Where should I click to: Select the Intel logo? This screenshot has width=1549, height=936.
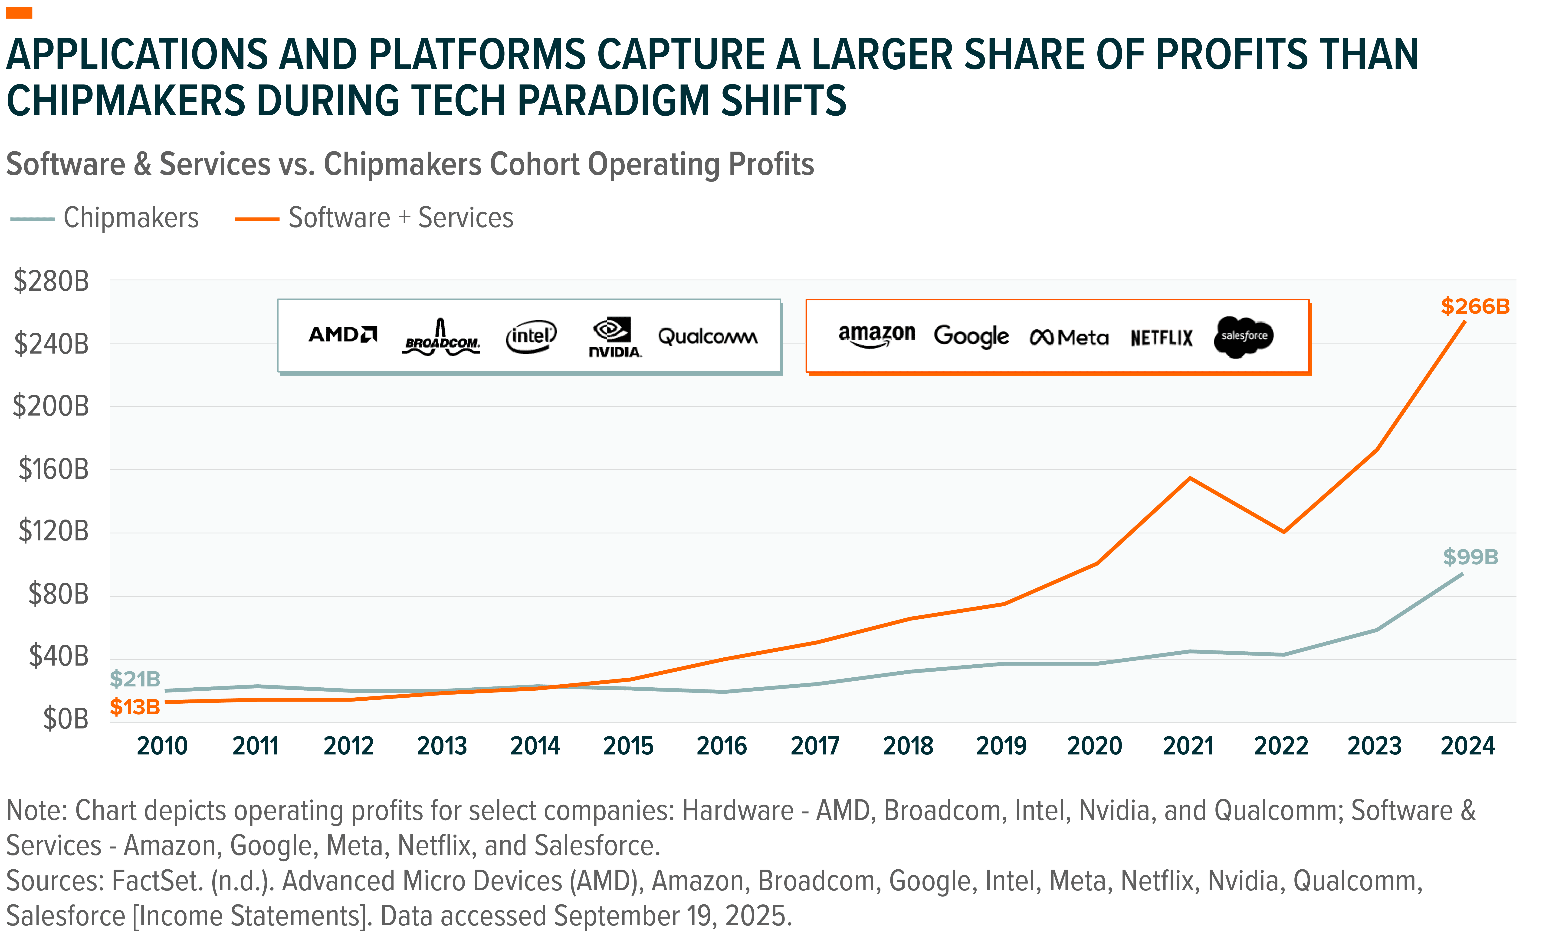(x=531, y=337)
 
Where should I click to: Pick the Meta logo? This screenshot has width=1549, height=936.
(x=1069, y=337)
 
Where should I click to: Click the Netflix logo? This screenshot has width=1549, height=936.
(x=1161, y=338)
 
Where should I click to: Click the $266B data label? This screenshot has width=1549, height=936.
(x=1475, y=307)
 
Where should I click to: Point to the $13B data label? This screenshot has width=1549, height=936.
(x=135, y=707)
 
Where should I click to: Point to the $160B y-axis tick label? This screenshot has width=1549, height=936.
(x=54, y=469)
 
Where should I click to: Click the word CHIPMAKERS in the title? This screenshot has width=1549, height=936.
(x=126, y=101)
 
